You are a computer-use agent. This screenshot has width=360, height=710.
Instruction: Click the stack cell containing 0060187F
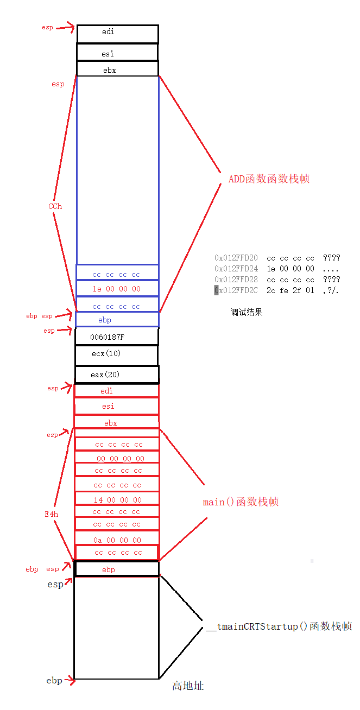[116, 337]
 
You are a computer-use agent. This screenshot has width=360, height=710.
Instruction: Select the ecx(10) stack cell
[116, 354]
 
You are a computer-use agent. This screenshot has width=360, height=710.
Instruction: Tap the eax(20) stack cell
[116, 375]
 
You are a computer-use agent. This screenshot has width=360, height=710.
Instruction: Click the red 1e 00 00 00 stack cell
[117, 289]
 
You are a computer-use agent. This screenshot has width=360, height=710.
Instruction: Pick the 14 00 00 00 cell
[117, 500]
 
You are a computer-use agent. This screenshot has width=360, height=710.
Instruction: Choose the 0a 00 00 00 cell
[117, 540]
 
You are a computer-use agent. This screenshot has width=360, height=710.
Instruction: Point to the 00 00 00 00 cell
[117, 459]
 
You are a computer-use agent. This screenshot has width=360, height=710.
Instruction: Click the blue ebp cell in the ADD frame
[117, 320]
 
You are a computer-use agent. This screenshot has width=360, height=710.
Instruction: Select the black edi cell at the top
[117, 33]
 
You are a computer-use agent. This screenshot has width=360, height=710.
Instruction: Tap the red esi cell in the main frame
[116, 406]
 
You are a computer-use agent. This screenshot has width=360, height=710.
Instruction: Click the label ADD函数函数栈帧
[269, 179]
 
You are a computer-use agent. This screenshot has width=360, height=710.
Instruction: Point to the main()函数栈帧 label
[241, 502]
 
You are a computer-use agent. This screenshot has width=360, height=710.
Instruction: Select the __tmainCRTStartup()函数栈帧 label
[279, 626]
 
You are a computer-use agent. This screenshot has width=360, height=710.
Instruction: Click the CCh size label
[55, 206]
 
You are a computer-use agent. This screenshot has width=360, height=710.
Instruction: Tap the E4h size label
[52, 514]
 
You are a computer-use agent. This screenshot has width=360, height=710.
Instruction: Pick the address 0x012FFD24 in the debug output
[236, 269]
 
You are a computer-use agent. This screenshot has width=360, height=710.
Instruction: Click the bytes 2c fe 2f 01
[290, 290]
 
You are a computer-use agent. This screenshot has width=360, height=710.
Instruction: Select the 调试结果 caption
[247, 312]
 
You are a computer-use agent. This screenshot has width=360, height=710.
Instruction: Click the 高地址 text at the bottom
[188, 686]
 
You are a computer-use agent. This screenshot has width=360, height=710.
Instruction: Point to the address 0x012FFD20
[236, 258]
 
